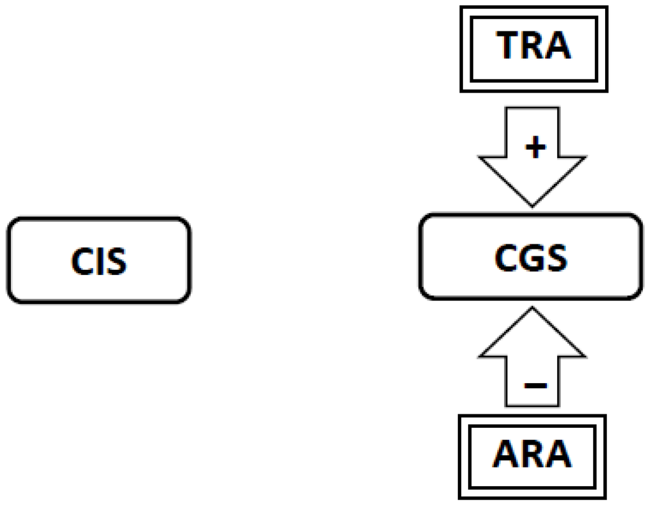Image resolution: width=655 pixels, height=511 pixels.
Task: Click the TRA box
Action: point(533,49)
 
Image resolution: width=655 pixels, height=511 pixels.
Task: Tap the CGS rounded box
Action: point(530,256)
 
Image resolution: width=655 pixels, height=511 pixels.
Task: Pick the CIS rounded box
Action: point(99,260)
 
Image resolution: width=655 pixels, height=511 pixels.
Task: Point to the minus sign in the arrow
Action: point(535,386)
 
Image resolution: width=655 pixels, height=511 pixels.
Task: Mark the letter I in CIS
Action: point(99,262)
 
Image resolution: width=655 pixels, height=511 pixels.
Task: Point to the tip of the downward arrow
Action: point(532,204)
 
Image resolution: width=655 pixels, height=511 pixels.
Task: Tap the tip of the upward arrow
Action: point(532,308)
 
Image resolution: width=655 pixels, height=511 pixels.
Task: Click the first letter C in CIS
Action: point(81,262)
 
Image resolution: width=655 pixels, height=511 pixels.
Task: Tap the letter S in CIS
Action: point(116,262)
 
